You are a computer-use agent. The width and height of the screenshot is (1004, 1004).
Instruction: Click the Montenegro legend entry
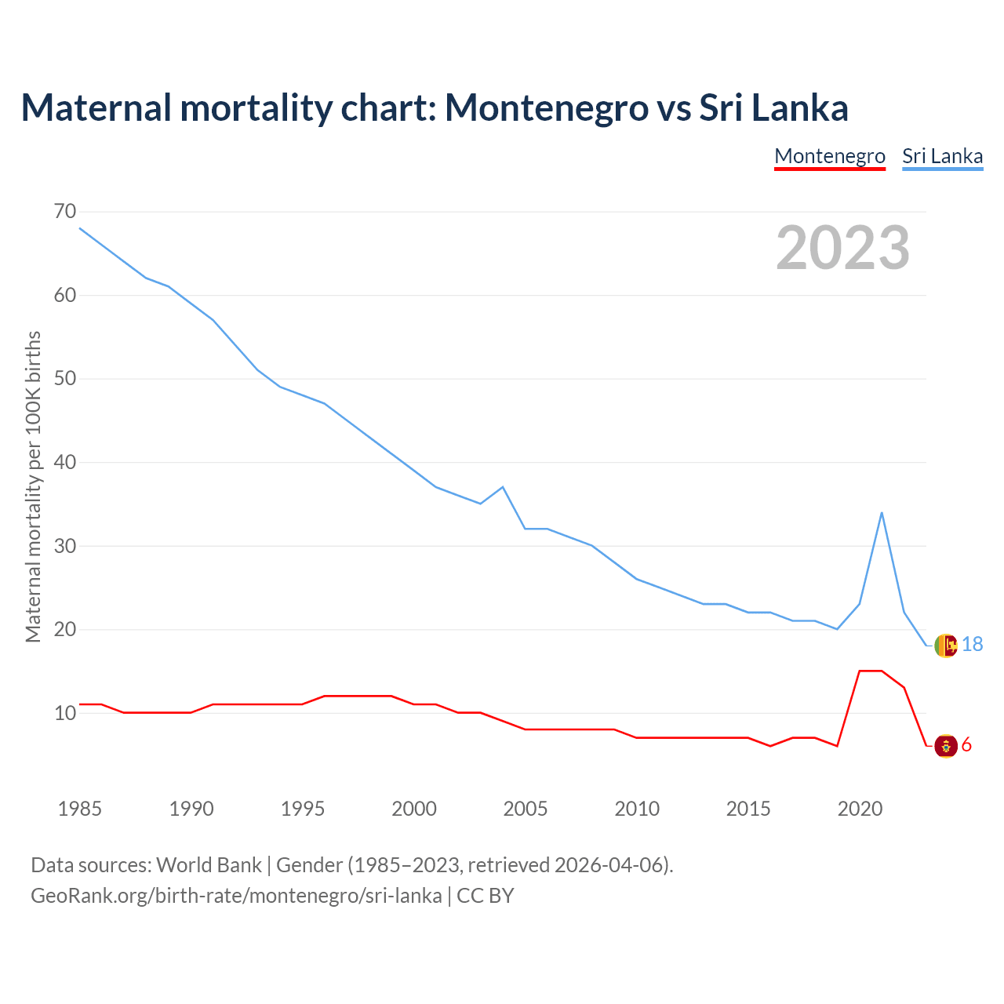tap(830, 156)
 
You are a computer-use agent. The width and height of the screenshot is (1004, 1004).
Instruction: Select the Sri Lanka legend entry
tap(942, 156)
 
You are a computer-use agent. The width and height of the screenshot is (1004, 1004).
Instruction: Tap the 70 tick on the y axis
tap(66, 212)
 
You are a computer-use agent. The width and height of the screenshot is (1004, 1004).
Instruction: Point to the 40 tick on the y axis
tap(66, 462)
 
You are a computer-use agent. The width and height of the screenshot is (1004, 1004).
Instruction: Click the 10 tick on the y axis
tap(66, 713)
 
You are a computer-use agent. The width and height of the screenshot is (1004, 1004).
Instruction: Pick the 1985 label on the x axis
tap(80, 809)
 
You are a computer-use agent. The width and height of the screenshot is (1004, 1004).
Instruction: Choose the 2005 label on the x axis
tap(526, 809)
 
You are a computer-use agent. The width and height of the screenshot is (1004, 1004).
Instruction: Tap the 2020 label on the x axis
tap(860, 809)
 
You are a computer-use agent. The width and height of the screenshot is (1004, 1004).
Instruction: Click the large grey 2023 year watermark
tap(843, 248)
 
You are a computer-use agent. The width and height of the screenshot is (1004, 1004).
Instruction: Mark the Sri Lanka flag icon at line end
tap(946, 646)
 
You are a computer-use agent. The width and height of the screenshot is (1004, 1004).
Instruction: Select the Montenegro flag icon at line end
tap(946, 745)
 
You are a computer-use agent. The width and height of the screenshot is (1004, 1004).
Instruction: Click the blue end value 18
tap(972, 645)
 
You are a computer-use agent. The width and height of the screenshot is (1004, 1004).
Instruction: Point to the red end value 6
tap(966, 745)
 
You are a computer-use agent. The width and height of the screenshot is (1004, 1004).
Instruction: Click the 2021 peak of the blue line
tap(882, 513)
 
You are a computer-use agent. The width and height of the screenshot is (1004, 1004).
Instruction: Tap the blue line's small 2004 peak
tap(503, 487)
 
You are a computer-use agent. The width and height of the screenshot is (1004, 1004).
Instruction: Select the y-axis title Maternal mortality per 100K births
tap(33, 486)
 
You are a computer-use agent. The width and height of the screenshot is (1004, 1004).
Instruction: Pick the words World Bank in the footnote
tap(209, 865)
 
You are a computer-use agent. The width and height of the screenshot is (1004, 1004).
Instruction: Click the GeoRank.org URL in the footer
tap(236, 896)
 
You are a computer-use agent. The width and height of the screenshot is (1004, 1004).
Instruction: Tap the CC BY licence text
tap(486, 896)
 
